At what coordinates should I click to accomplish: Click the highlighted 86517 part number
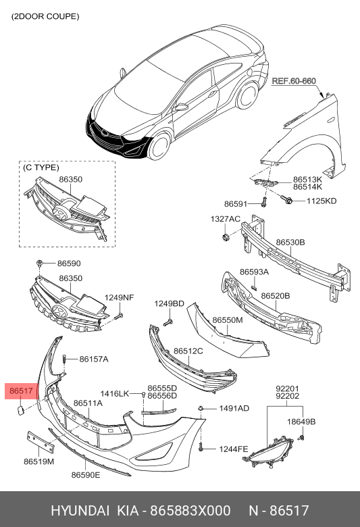point(21,391)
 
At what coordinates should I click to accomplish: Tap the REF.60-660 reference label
point(293,81)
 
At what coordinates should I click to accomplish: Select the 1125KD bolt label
point(322,201)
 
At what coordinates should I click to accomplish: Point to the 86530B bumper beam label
point(290,243)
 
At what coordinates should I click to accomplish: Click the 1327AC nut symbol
point(225,236)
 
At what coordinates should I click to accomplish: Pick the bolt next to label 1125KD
point(287,199)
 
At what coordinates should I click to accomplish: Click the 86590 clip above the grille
point(39,263)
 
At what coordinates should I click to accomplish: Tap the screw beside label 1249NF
point(119,316)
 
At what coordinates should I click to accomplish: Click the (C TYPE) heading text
point(41,168)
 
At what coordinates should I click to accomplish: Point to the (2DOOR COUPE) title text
point(45,16)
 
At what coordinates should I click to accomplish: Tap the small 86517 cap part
point(20,411)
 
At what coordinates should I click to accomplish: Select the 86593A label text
point(254,272)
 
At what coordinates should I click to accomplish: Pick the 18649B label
point(301,422)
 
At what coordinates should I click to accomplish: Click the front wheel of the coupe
point(159,146)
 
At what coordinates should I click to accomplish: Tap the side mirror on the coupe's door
point(182,107)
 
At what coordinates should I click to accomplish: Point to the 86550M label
point(227,320)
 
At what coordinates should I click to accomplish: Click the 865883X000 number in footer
point(190,510)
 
